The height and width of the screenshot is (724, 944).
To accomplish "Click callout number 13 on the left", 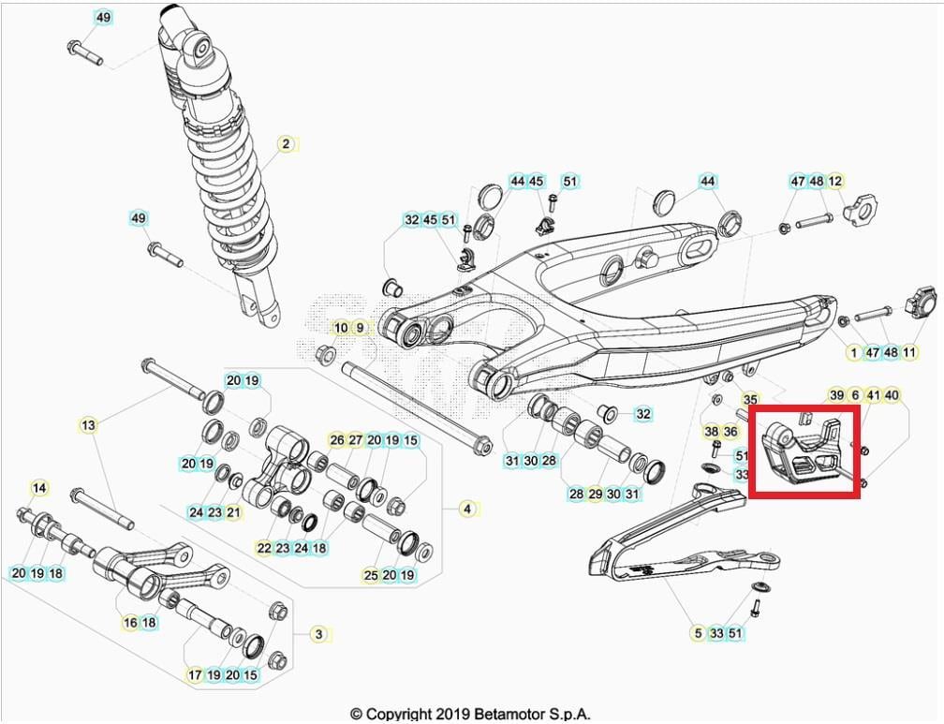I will [x=88, y=425].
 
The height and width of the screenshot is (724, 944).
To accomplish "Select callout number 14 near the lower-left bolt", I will [x=39, y=488].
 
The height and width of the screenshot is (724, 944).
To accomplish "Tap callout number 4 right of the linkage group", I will [x=467, y=510].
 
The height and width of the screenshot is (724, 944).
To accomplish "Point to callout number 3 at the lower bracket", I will [x=318, y=634].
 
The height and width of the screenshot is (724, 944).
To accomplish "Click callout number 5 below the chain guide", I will [x=698, y=634].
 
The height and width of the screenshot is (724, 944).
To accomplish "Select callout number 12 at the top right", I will [x=835, y=181].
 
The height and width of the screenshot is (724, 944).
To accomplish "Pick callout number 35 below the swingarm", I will [x=750, y=400].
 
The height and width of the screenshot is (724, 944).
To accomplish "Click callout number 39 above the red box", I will [x=836, y=395].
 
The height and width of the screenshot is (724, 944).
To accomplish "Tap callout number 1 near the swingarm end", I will [x=853, y=352].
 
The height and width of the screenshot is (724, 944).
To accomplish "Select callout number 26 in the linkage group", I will [x=336, y=439].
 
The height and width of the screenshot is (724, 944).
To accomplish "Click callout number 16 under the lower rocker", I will [x=131, y=622].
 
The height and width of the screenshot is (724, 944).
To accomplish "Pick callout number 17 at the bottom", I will [x=196, y=674].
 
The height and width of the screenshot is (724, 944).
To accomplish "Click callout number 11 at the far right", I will [x=909, y=352].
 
